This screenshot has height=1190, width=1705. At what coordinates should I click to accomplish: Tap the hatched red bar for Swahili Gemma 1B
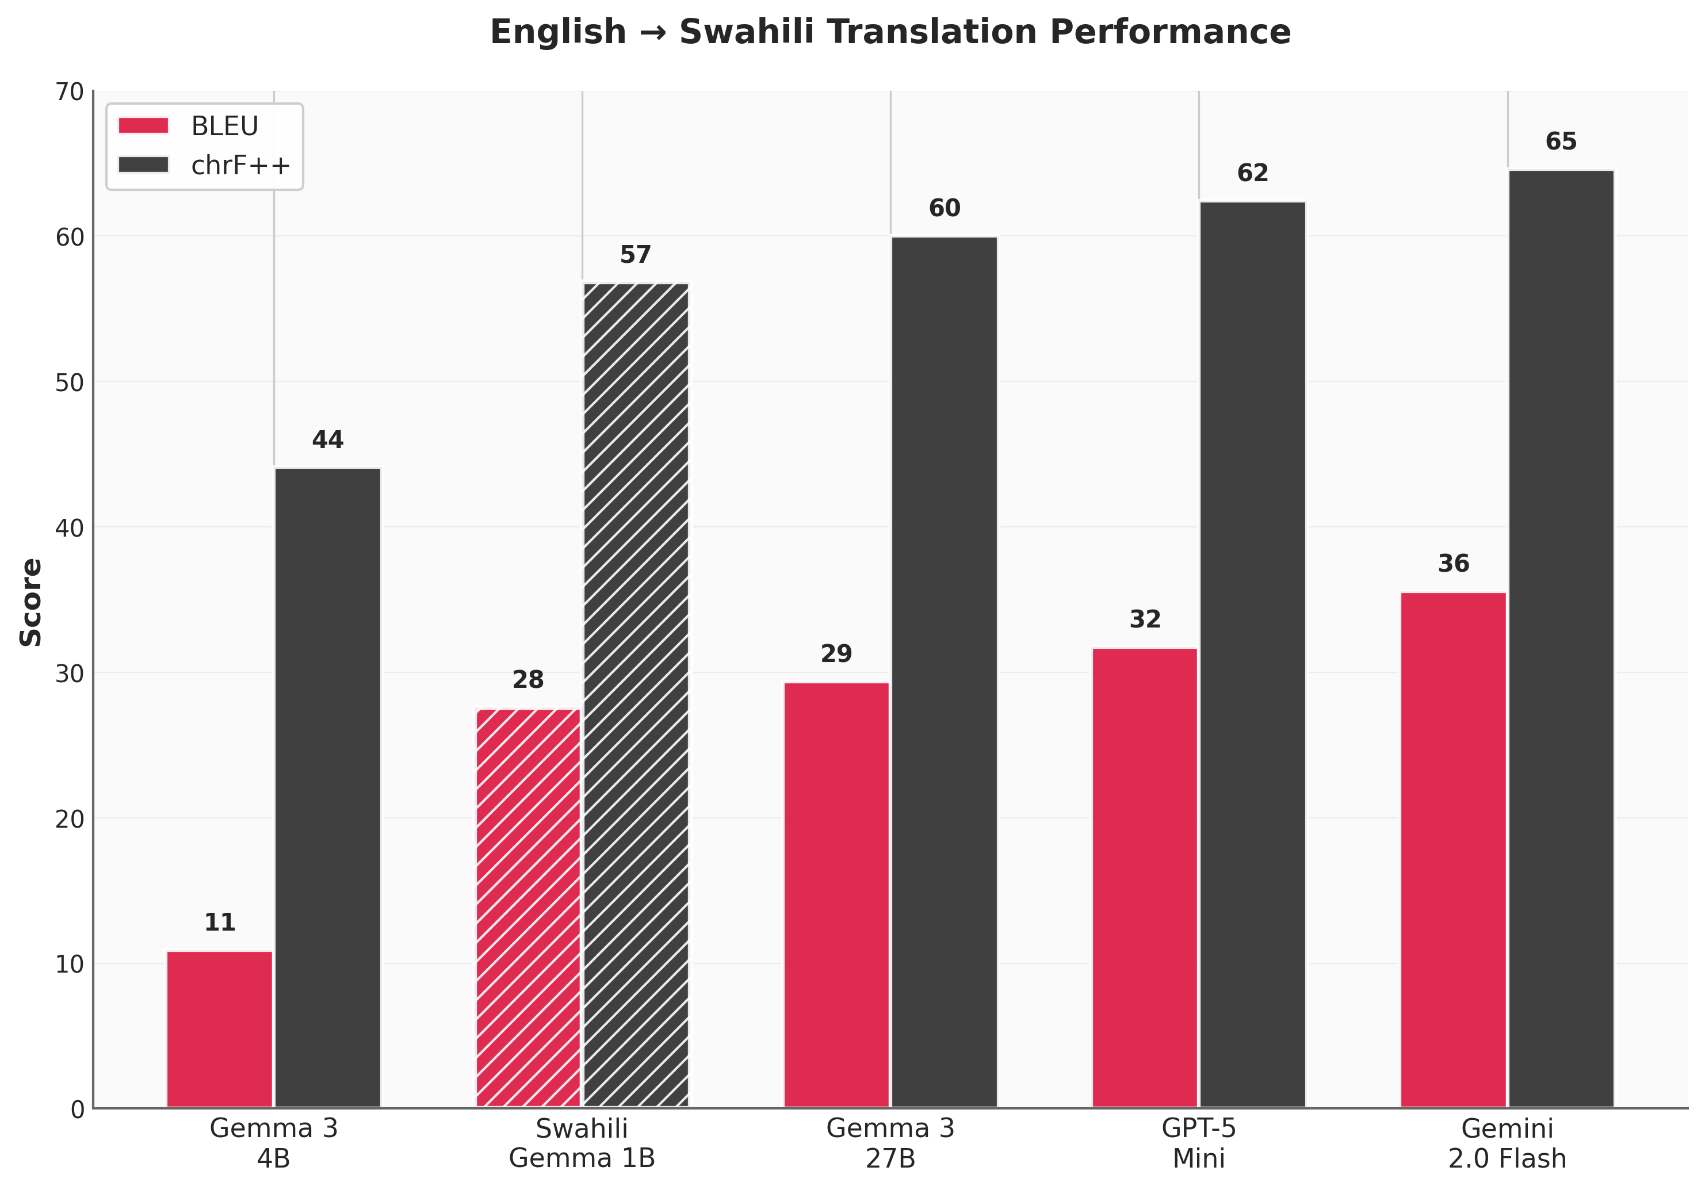click(x=528, y=908)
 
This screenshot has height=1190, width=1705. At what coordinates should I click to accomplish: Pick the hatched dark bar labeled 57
click(x=636, y=695)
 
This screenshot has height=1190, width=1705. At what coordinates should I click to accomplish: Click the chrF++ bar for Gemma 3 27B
click(x=944, y=672)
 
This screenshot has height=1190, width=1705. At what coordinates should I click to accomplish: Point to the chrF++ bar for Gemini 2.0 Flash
click(x=1561, y=638)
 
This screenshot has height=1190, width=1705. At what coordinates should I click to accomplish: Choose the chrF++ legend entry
click(x=204, y=166)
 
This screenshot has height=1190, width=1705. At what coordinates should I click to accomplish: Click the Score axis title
click(x=30, y=602)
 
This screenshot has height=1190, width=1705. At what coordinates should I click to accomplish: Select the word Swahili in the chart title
click(x=746, y=32)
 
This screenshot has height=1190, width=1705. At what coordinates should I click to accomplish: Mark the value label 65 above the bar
click(x=1561, y=141)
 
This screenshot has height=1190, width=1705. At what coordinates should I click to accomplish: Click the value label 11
click(x=219, y=923)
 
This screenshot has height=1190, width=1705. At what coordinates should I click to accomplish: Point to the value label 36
click(x=1453, y=564)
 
